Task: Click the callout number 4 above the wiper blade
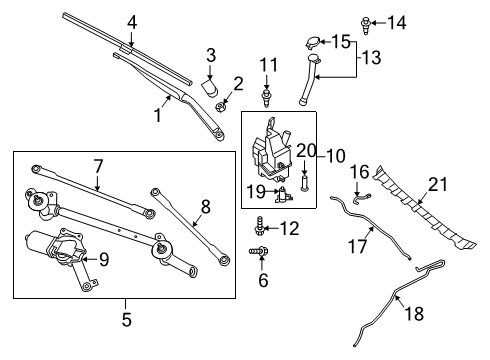[130, 21]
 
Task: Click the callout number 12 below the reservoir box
[289, 229]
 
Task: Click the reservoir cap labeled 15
[312, 43]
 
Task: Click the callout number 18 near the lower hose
[412, 313]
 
